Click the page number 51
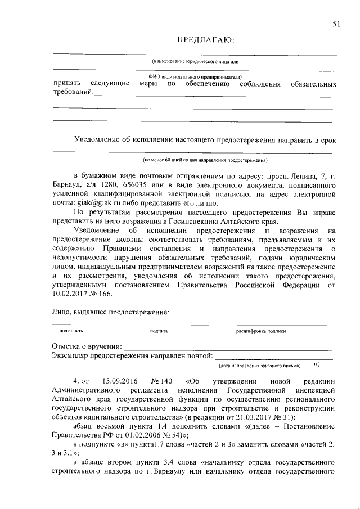pos(336,23)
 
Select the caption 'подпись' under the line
pos(159,331)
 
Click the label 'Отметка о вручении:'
pos(87,346)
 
